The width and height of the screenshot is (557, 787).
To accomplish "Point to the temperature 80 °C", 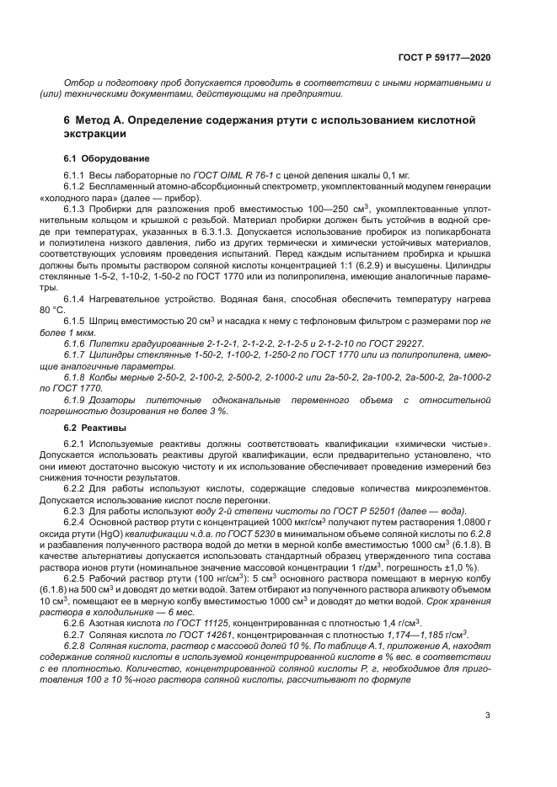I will click(x=76, y=310).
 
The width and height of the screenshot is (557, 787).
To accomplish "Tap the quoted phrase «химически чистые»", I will click(x=452, y=444).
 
